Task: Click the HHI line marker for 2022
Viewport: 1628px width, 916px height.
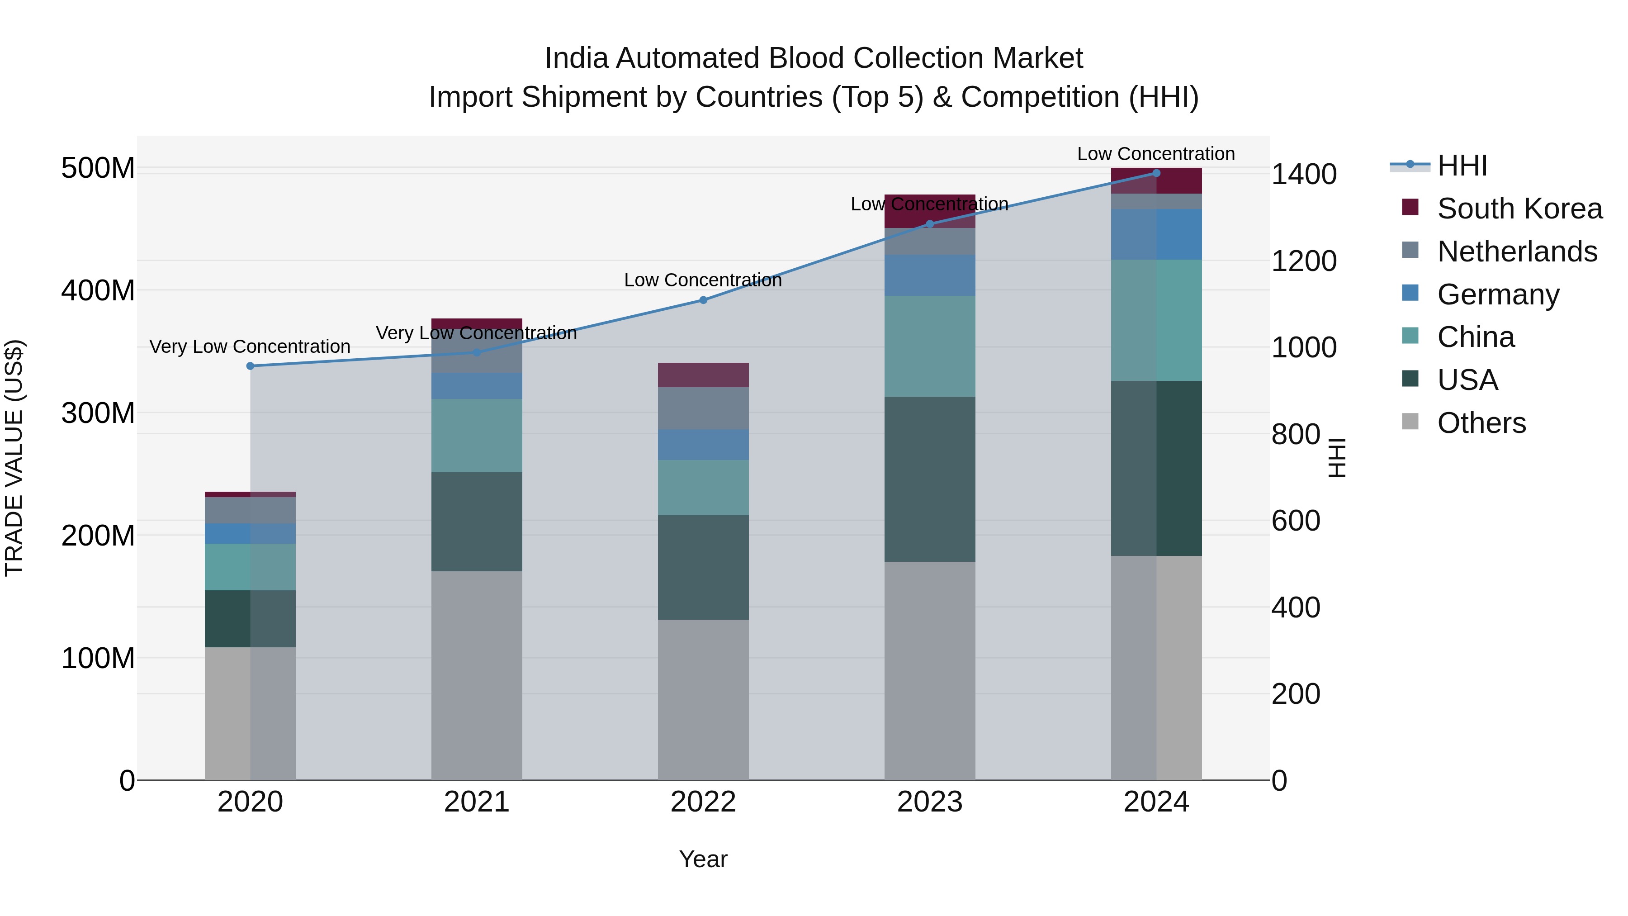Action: (x=703, y=300)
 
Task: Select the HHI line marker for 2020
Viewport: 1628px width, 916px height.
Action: (x=250, y=366)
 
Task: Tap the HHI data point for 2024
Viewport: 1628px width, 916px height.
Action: (x=1156, y=173)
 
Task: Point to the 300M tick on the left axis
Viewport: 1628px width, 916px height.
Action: (x=98, y=413)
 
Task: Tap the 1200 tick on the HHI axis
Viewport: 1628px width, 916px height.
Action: (x=1303, y=261)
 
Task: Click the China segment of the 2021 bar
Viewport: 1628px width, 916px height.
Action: (x=477, y=436)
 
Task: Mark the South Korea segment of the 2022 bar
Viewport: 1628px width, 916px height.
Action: (x=703, y=375)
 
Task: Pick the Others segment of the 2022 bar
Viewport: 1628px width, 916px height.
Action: (x=703, y=699)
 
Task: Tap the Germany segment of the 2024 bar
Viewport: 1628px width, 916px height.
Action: (x=1156, y=234)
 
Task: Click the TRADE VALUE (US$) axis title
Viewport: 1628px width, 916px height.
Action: (x=14, y=458)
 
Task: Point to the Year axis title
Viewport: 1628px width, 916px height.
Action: (x=703, y=860)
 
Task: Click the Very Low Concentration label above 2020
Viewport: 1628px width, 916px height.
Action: (x=250, y=346)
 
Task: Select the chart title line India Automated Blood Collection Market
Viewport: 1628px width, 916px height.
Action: (x=814, y=58)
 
